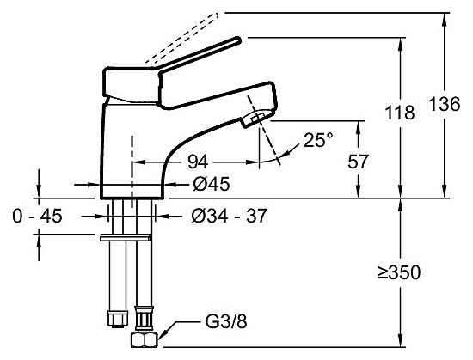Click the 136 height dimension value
444,104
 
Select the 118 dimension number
400,113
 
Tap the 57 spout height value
358,162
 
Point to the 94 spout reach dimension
198,162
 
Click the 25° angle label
318,140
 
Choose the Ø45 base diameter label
212,184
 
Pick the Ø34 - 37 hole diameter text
230,216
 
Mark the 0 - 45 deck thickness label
37,216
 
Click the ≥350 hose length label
399,272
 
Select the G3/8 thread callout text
226,321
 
